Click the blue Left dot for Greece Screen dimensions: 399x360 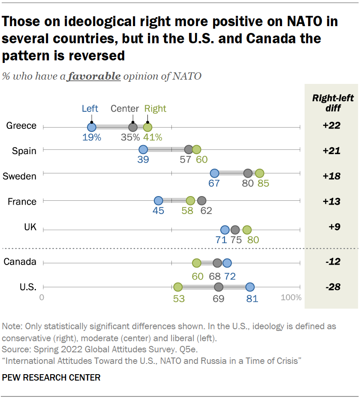point(91,127)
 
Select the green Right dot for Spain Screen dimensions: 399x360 point(196,149)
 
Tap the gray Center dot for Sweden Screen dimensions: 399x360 point(248,173)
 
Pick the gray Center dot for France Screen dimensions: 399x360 point(202,200)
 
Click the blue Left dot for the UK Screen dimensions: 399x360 point(225,230)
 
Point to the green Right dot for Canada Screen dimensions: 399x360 point(196,263)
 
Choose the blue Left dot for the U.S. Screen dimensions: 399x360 point(250,287)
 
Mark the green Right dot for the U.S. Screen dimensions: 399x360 point(177,287)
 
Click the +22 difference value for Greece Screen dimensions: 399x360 point(331,126)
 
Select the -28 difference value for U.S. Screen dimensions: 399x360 point(331,287)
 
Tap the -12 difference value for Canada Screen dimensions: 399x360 point(331,262)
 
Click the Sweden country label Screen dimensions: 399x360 point(20,176)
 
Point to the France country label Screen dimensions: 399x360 point(22,202)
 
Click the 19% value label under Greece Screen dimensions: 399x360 point(92,137)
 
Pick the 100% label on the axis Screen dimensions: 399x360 point(291,298)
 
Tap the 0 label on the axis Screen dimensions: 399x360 point(42,298)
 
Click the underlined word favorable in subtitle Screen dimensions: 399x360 point(94,77)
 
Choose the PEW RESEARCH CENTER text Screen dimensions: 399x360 point(51,377)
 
